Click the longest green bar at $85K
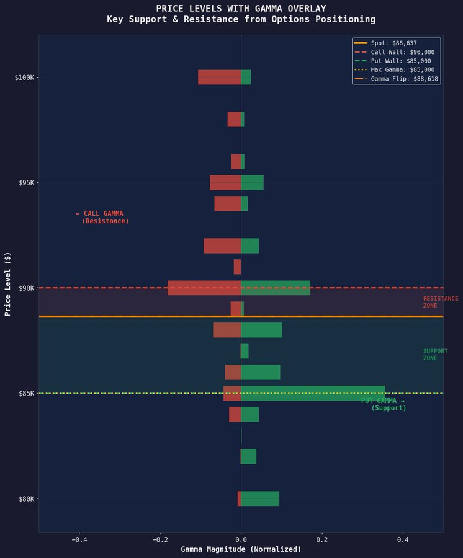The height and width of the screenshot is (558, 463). [313, 393]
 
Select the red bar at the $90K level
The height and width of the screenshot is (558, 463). [204, 288]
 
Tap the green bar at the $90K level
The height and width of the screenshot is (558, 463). [276, 288]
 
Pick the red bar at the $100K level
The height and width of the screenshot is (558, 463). [219, 77]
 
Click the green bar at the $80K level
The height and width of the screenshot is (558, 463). [260, 498]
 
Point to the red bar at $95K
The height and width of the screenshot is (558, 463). [225, 182]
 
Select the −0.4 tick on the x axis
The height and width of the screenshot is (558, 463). [79, 539]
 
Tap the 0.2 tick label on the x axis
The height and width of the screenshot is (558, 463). [322, 539]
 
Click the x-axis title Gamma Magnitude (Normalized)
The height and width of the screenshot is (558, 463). [241, 549]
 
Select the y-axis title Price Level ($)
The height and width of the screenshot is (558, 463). [8, 283]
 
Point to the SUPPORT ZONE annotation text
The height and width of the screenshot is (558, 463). [435, 355]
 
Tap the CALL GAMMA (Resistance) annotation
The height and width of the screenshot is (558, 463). [102, 217]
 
